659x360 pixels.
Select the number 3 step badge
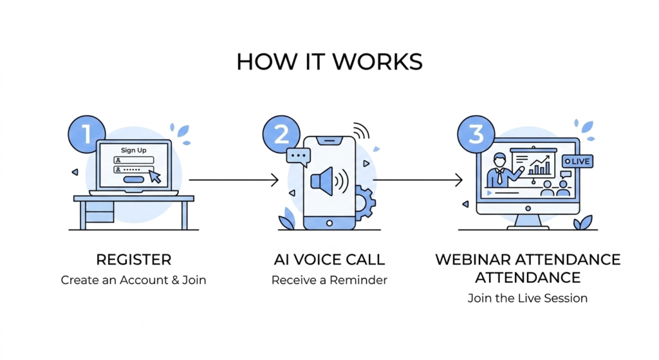click(x=476, y=135)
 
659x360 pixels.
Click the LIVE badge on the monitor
click(x=577, y=160)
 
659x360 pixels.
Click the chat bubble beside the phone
click(x=299, y=156)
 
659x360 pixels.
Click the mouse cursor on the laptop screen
click(x=154, y=175)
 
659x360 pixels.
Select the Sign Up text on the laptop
click(x=133, y=150)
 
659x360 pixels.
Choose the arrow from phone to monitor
click(x=418, y=180)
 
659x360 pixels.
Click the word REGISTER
click(x=134, y=260)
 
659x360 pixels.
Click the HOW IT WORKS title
click(x=329, y=62)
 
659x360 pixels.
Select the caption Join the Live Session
click(x=528, y=298)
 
